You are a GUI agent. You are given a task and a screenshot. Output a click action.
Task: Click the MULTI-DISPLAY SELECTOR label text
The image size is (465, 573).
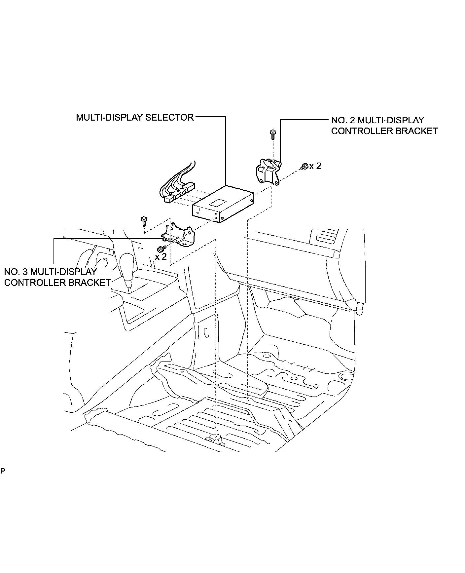point(135,117)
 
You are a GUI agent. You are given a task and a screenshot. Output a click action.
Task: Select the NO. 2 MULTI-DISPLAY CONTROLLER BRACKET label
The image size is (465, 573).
point(384,126)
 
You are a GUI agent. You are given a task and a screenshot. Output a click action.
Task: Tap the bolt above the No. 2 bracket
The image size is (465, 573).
point(273,134)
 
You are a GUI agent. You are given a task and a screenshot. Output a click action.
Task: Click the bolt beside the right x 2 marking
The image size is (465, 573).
point(304,166)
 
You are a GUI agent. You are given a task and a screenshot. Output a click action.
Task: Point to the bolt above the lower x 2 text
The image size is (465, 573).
point(161,248)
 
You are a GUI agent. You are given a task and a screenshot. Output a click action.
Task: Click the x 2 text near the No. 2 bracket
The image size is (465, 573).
point(315,166)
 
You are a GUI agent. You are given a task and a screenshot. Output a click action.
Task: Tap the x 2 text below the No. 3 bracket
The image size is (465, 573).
point(161,257)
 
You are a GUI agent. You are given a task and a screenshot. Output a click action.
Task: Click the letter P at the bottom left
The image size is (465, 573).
point(3,471)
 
